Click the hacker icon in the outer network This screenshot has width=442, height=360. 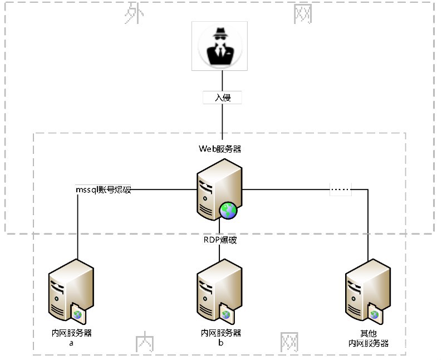(x=220, y=46)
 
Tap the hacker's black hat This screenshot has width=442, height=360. (x=220, y=32)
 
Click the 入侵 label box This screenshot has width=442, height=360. (x=223, y=98)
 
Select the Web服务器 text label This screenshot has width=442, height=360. (x=220, y=149)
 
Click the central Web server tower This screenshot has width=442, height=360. (x=219, y=189)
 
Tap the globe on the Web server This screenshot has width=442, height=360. (x=228, y=211)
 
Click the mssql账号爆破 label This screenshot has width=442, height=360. (x=104, y=189)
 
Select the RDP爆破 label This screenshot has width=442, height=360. (x=220, y=240)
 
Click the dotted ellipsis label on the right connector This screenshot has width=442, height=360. (x=341, y=189)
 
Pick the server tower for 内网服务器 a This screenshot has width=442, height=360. (x=71, y=290)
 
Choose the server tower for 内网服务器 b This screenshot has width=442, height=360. (x=219, y=290)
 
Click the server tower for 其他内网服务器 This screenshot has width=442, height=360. (x=368, y=290)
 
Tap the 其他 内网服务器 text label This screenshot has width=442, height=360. (x=369, y=339)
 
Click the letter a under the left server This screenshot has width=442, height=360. (x=71, y=343)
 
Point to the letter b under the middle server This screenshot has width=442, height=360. (x=220, y=343)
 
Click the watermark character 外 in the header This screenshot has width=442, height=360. (x=134, y=13)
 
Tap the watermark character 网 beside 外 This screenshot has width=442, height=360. (x=302, y=14)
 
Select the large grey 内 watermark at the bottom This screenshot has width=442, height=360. (x=145, y=342)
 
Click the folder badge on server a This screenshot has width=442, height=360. (x=78, y=313)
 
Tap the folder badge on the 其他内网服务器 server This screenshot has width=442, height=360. (x=375, y=313)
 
